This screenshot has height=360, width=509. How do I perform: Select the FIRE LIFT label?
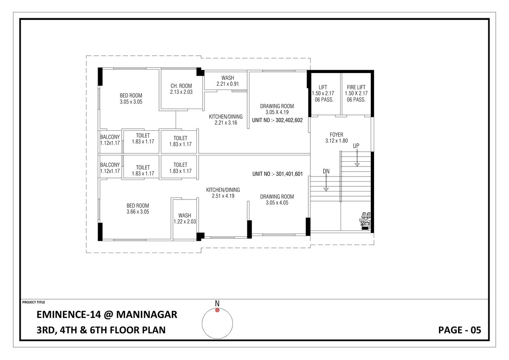[x=356, y=87]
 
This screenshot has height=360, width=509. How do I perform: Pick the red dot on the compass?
[x=217, y=310]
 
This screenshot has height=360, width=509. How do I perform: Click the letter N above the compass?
[x=217, y=303]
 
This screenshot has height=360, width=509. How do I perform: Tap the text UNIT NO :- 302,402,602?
[x=277, y=120]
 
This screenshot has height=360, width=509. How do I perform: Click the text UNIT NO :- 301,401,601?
[x=277, y=174]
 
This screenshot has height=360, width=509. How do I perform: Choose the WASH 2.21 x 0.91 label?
[x=227, y=81]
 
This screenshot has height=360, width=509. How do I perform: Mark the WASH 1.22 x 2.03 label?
[x=185, y=218]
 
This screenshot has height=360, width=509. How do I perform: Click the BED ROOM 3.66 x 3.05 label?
[x=137, y=208]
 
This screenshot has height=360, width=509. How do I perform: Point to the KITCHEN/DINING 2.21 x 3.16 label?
[x=226, y=119]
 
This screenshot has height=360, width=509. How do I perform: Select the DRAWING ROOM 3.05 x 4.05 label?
[x=277, y=200]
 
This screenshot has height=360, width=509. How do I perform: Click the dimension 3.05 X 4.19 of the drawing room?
[x=277, y=112]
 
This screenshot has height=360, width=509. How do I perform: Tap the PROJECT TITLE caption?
[x=34, y=302]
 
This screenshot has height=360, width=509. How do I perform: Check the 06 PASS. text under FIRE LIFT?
[x=356, y=100]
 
